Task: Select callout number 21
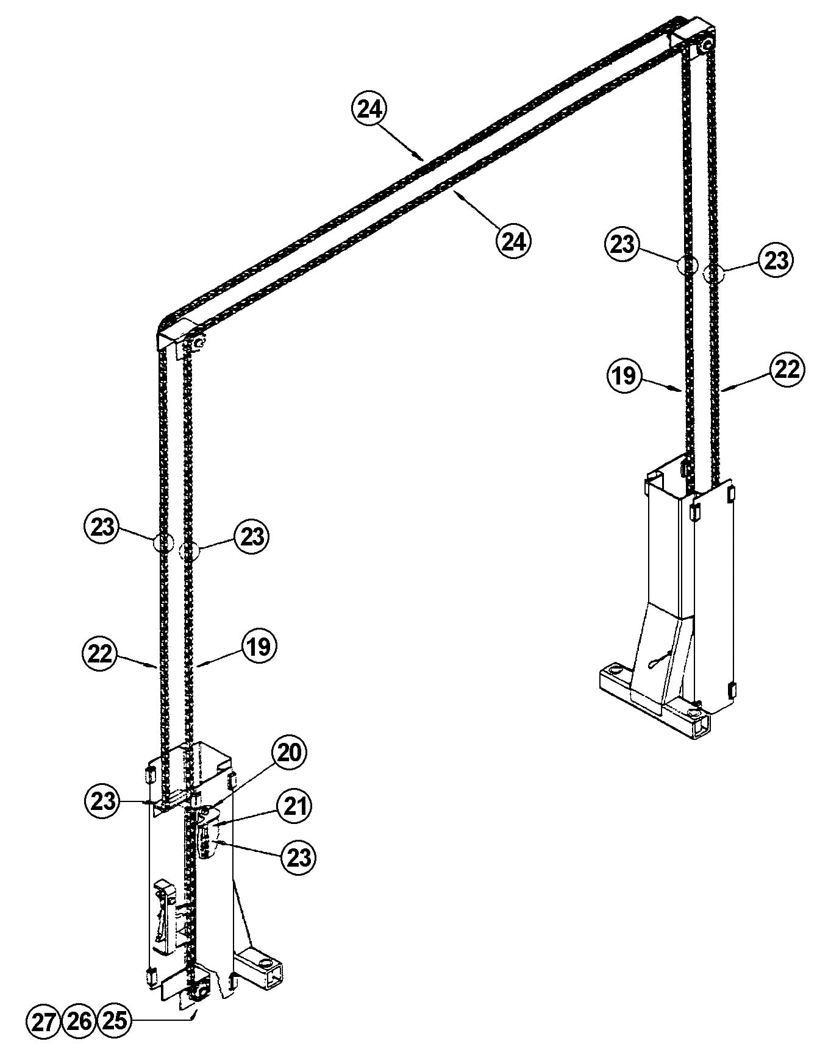point(294,806)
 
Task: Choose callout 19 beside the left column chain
point(259,647)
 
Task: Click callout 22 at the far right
point(786,369)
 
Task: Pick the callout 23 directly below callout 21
point(298,857)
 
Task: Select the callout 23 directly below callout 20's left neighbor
point(102,800)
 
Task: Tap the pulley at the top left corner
point(198,345)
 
